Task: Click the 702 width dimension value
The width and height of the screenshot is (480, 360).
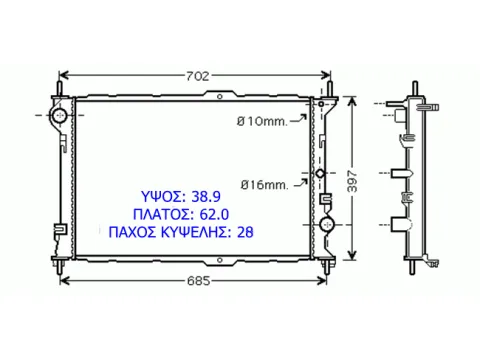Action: coord(198,76)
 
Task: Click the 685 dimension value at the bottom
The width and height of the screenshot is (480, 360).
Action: coord(199,281)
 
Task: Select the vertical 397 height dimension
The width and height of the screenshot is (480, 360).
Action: coord(352,181)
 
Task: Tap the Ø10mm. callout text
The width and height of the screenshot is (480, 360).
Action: coord(262,121)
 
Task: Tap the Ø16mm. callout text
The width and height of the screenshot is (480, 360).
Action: coord(264,185)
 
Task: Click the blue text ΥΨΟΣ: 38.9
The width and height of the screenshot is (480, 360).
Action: coord(181,197)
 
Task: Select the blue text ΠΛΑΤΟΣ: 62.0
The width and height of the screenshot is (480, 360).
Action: coord(181,214)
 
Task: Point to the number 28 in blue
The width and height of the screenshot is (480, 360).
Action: coord(245,232)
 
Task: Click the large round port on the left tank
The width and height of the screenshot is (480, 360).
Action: coord(59,115)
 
